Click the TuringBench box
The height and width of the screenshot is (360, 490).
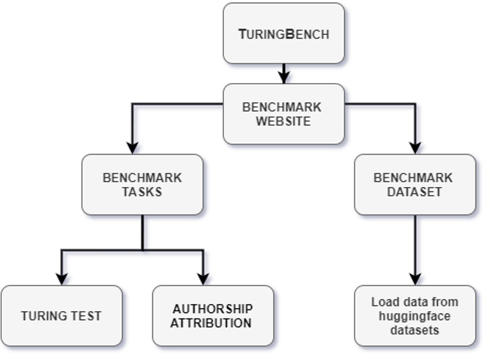click(x=283, y=34)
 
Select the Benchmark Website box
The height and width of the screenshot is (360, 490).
click(x=283, y=114)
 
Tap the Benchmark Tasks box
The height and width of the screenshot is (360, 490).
click(x=142, y=185)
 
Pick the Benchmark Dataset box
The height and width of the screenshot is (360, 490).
click(x=415, y=185)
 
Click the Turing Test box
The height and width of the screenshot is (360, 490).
click(x=61, y=316)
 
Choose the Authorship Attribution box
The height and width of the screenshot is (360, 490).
click(x=212, y=316)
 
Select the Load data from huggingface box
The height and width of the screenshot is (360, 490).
click(x=415, y=316)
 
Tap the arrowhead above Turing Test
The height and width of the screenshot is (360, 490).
click(x=61, y=279)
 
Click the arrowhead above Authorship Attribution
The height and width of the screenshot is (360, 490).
click(x=203, y=279)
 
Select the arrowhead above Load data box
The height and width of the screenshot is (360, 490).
click(x=415, y=279)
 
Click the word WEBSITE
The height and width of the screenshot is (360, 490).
click(x=283, y=121)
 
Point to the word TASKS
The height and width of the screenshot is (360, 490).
click(x=142, y=192)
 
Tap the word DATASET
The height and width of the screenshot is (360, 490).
click(x=414, y=192)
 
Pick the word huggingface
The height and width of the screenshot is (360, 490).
click(x=414, y=316)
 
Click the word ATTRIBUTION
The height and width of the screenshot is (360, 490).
click(x=211, y=323)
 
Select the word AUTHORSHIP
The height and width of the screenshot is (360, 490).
click(x=212, y=309)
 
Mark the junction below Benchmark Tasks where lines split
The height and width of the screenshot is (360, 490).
click(x=143, y=249)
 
